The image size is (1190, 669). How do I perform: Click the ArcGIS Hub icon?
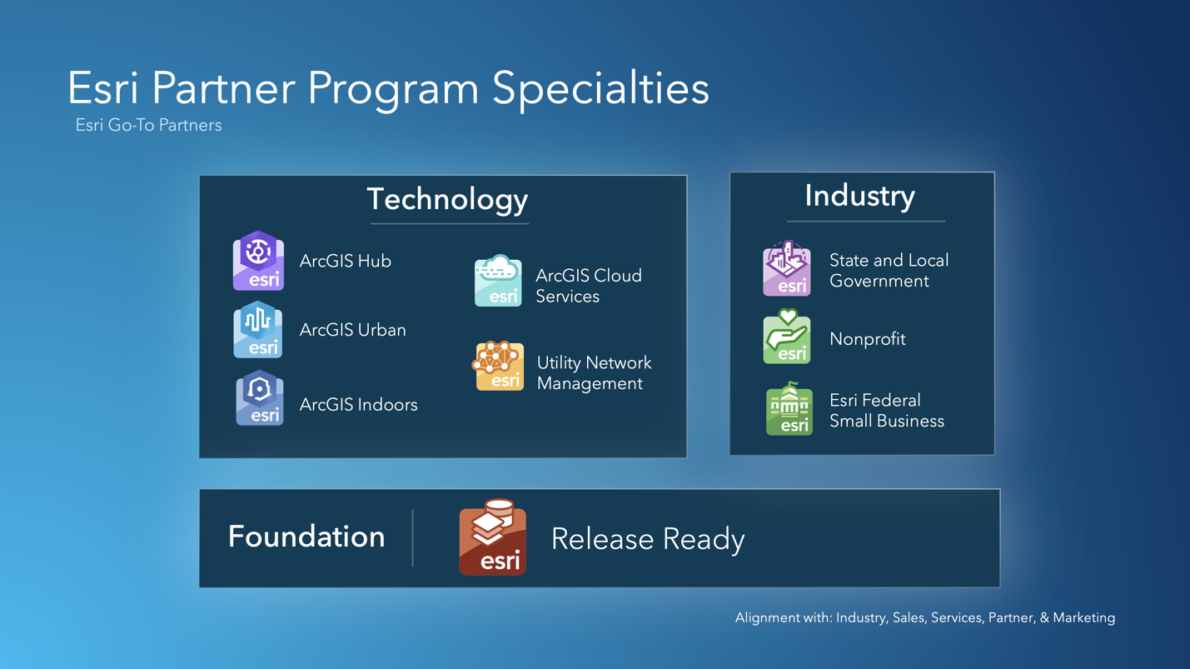click(x=258, y=261)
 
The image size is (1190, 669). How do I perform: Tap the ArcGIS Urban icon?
click(x=258, y=330)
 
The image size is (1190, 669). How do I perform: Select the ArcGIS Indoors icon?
click(x=259, y=398)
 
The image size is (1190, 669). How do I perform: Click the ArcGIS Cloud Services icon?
click(x=498, y=282)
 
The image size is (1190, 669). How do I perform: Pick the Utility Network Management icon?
click(x=498, y=366)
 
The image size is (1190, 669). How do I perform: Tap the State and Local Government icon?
click(x=787, y=268)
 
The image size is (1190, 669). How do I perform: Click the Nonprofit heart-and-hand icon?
click(x=787, y=337)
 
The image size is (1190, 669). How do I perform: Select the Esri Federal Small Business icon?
click(x=789, y=409)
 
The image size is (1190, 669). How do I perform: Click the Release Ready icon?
click(x=493, y=538)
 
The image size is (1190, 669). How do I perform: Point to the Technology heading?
click(x=447, y=199)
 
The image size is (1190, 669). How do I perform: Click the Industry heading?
click(x=859, y=196)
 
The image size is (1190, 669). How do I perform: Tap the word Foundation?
click(x=306, y=537)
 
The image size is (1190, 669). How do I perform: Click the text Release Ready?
click(x=648, y=539)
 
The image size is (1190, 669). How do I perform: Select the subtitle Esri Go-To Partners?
click(x=148, y=125)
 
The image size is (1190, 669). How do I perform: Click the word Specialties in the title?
click(x=600, y=87)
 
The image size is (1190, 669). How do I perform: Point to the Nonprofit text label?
click(x=867, y=339)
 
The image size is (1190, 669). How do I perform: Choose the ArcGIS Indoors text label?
click(x=358, y=405)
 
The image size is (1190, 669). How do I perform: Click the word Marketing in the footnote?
click(x=1083, y=617)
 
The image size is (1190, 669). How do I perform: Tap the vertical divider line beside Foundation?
click(x=413, y=538)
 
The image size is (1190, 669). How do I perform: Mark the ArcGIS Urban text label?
click(x=352, y=330)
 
